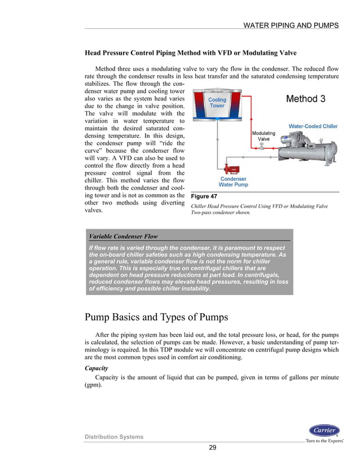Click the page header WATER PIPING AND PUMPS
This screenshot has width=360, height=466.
pos(290,25)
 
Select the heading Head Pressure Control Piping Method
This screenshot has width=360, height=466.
pos(190,53)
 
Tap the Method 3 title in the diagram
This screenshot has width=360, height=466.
pos(305,99)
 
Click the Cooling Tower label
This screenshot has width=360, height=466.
pos(217,103)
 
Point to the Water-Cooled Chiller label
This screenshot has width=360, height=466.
pos(313,126)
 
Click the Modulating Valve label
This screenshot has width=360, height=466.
pos(264,136)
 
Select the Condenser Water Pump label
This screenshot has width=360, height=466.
pos(233,182)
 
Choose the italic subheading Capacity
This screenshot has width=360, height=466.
pos(97,367)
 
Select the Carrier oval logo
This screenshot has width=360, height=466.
pos(324,430)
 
